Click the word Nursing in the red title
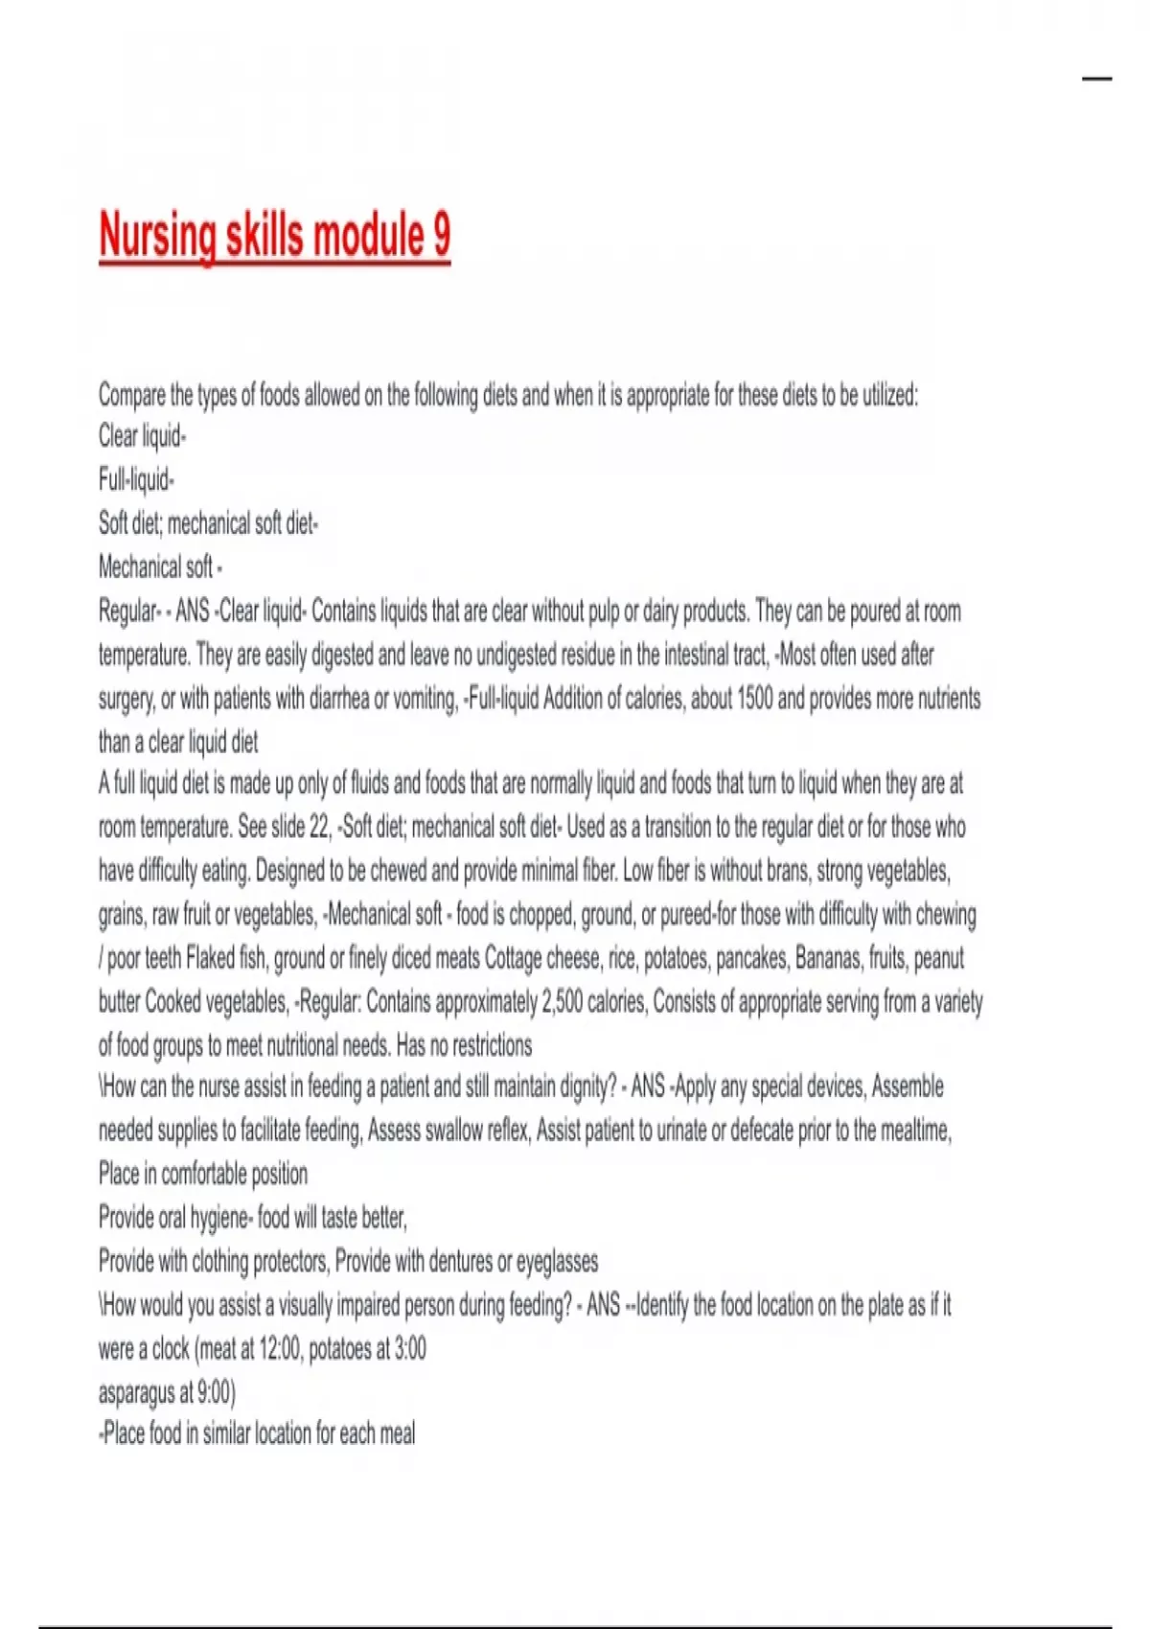click(x=158, y=236)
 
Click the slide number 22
click(x=319, y=827)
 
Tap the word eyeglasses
click(x=557, y=1262)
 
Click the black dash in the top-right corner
click(x=1097, y=79)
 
